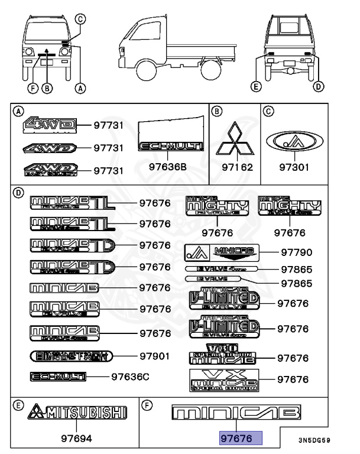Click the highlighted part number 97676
coord(236,439)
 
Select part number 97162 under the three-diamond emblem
coord(237,167)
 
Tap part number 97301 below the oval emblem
coord(294,167)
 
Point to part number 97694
coord(77,439)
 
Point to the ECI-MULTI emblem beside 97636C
coord(58,377)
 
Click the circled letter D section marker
coord(18,192)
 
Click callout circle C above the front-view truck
coord(82,19)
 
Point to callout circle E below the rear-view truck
coord(255,87)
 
